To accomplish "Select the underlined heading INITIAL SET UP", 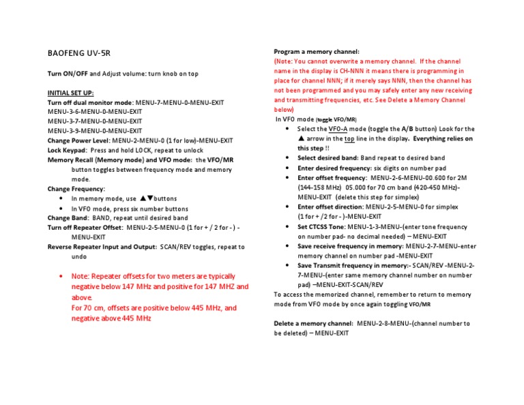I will tap(71, 92).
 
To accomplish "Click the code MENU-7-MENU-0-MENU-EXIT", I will tap(179, 102).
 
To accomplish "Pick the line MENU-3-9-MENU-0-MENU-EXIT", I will tap(95, 131).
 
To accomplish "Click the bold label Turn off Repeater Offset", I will tap(86, 228).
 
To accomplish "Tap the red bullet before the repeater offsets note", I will tap(62, 276).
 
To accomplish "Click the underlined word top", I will tap(349, 138).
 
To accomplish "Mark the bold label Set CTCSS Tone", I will tap(321, 225).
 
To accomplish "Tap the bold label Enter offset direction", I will tap(330, 206).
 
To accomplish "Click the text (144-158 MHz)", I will tap(320, 187).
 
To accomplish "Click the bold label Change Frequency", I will tap(76, 189).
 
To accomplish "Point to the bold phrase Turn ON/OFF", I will tap(68, 73).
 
